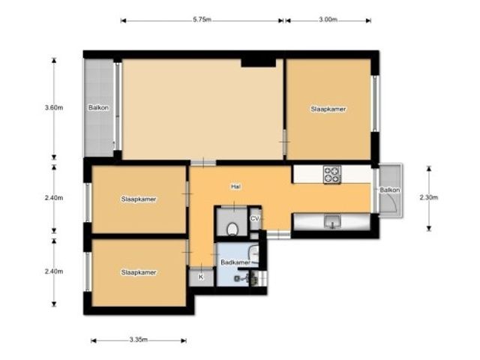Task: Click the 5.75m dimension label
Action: tap(202, 19)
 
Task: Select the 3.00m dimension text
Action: tap(328, 19)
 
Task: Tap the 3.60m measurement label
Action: tap(54, 108)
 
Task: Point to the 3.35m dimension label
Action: tap(138, 340)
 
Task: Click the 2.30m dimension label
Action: tap(429, 197)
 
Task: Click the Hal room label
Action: tap(235, 187)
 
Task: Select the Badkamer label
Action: tap(235, 262)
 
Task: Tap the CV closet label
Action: tap(255, 219)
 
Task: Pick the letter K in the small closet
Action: tap(201, 277)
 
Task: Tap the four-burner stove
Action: tap(332, 175)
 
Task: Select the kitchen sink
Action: tap(332, 221)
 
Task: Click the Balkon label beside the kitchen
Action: tap(390, 190)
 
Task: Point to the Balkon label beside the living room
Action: tap(98, 108)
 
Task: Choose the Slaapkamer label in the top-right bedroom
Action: tap(328, 109)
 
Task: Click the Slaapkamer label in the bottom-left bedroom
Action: tap(139, 272)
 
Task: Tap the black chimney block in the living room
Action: tap(259, 62)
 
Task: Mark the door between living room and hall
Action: tap(203, 163)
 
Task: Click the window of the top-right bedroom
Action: tap(375, 103)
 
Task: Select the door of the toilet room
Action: tap(234, 208)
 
